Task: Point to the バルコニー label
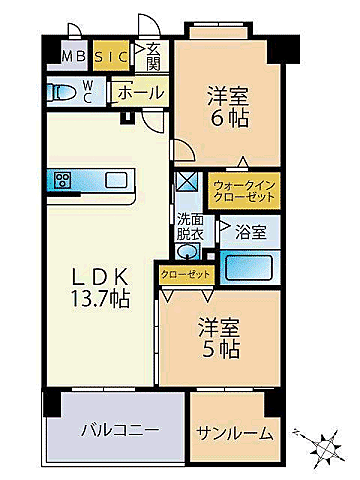[120, 431]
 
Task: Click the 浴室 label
[251, 232]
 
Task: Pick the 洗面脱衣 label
[190, 226]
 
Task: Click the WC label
[87, 92]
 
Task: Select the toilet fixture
[63, 92]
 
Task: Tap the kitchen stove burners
[63, 180]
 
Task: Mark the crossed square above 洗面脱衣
[187, 183]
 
